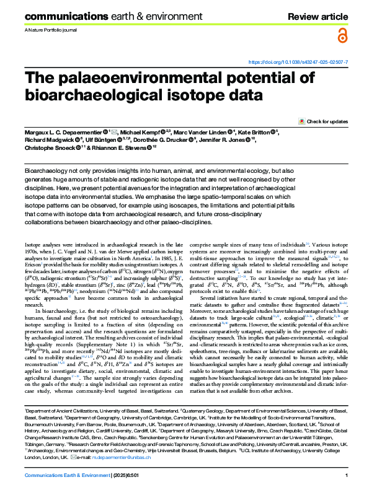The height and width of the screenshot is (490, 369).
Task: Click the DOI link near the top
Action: tap(298, 63)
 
